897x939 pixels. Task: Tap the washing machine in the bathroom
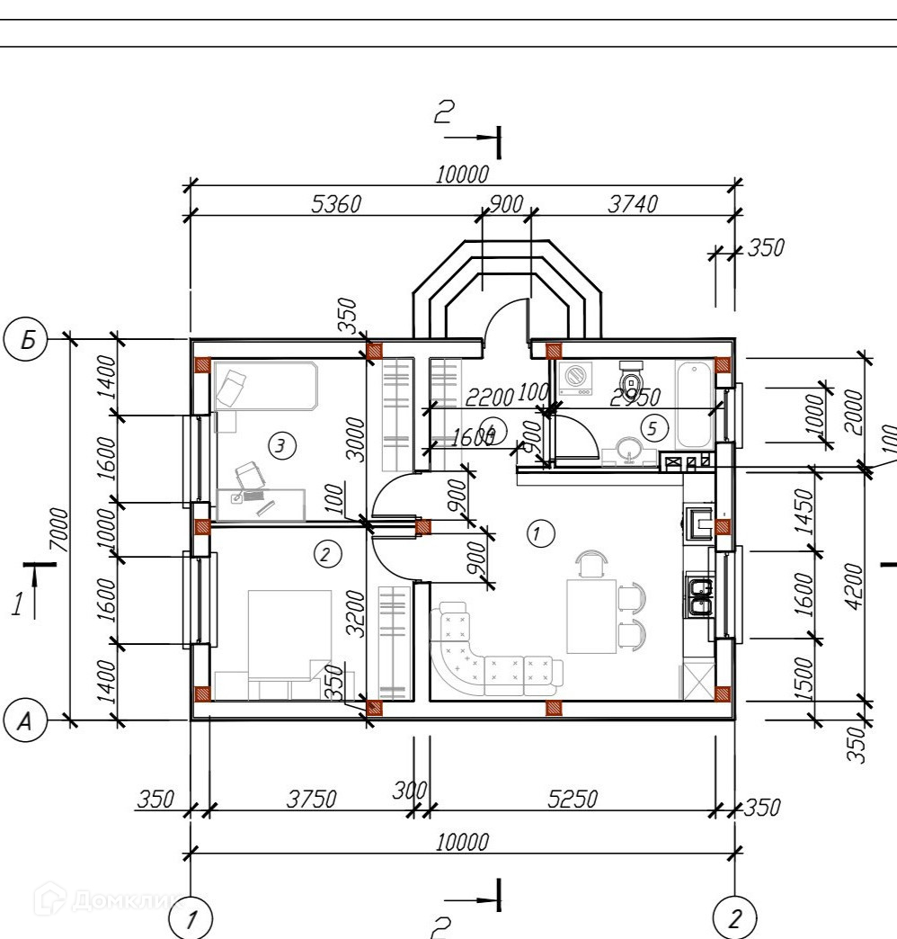[x=575, y=380]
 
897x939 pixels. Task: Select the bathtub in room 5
[x=694, y=405]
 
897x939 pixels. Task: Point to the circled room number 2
[x=326, y=554]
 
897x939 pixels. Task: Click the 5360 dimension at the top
[x=335, y=205]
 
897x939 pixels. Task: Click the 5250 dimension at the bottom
[x=573, y=799]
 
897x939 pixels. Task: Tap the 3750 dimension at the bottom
[x=311, y=799]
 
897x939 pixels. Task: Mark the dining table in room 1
[x=591, y=616]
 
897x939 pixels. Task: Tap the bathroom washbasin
[x=627, y=449]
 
